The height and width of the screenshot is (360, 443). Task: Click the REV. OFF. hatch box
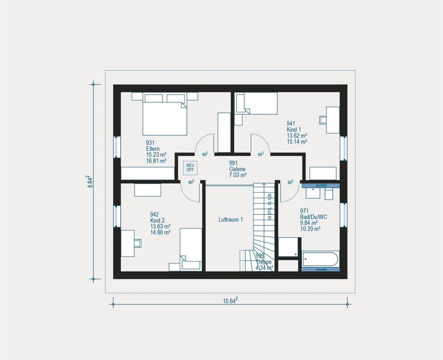tap(190, 167)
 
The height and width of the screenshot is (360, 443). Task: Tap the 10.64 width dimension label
tap(230, 301)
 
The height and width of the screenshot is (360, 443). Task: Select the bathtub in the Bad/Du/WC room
tap(320, 260)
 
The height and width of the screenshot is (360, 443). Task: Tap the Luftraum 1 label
tap(231, 219)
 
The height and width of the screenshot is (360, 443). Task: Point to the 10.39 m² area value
tap(311, 229)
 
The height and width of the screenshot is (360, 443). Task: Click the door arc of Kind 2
tap(192, 191)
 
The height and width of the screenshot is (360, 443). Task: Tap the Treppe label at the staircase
tap(263, 262)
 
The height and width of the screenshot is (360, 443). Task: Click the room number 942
tap(155, 214)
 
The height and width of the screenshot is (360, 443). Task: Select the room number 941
tap(291, 123)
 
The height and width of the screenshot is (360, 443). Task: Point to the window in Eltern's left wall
tap(117, 151)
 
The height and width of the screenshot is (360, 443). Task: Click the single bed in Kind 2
tap(190, 249)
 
